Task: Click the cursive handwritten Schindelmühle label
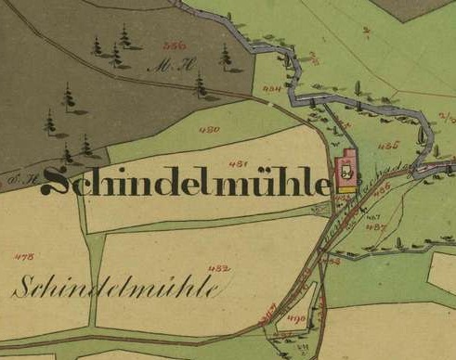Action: point(116,284)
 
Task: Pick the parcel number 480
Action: point(209,129)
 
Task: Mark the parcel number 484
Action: point(271,89)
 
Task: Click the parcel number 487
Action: point(376,226)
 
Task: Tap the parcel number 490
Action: point(297,318)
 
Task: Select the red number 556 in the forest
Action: point(173,45)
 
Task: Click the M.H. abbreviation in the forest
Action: point(166,65)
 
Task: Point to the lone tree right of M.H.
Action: point(225,57)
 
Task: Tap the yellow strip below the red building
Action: point(345,188)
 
